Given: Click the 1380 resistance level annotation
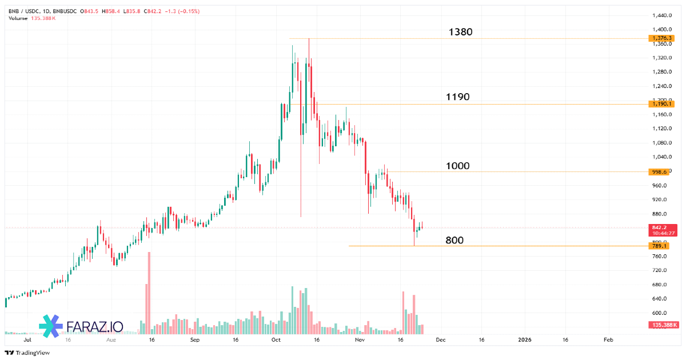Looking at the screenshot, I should [x=460, y=32].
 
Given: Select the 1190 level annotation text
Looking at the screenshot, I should [x=457, y=97].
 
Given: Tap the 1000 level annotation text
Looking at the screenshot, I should [x=457, y=166].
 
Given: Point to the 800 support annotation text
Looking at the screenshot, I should [x=454, y=241].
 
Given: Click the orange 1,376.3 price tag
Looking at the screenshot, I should [x=661, y=38].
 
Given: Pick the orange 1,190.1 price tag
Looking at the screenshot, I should [x=661, y=104].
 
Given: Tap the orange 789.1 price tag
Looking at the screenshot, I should [x=659, y=246].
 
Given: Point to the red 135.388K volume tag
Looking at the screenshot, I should [x=664, y=325].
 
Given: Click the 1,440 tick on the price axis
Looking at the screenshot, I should [x=662, y=15].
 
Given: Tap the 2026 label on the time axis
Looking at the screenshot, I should [x=524, y=339].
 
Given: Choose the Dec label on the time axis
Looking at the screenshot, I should [x=440, y=339].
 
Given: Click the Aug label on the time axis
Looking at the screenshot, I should [x=111, y=339].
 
